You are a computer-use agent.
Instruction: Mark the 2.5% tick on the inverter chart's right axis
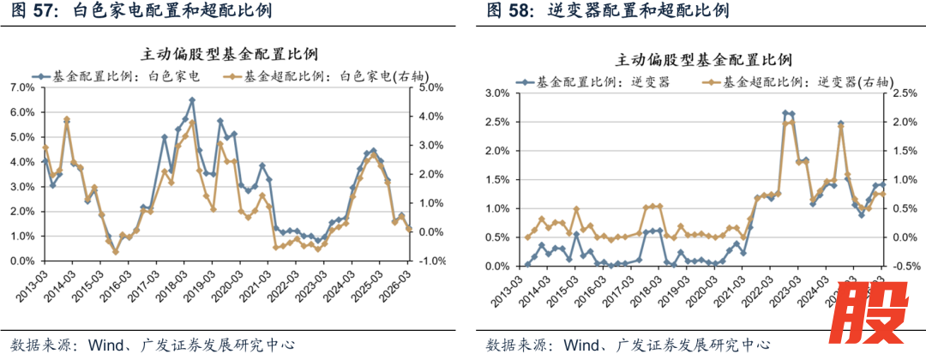click(x=904, y=93)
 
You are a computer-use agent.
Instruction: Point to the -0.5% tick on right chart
click(x=902, y=266)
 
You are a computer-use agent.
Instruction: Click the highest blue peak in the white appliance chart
click(x=192, y=100)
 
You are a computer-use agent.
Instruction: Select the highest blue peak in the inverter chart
click(x=785, y=112)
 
